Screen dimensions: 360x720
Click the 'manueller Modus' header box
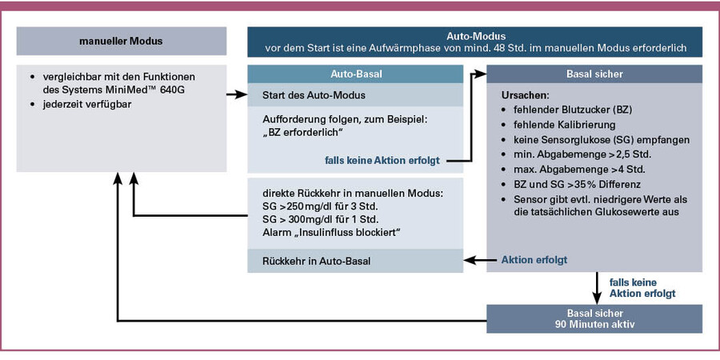(121, 42)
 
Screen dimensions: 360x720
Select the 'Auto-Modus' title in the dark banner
(474, 36)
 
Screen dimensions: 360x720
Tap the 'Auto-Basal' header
(355, 74)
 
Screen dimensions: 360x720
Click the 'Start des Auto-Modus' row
(314, 96)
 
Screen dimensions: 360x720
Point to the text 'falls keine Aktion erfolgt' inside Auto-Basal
(383, 160)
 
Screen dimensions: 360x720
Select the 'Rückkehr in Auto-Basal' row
(315, 261)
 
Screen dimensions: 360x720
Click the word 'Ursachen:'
(525, 95)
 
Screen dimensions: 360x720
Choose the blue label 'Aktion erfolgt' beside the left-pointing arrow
(534, 260)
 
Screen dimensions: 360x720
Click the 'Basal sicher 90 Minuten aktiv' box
(594, 318)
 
